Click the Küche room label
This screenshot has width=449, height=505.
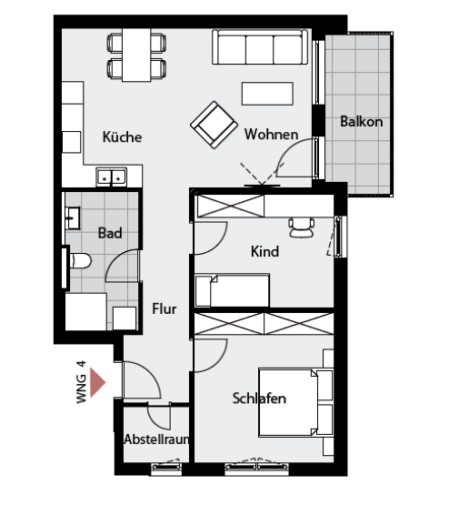[122, 136]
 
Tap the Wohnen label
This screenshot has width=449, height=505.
[271, 135]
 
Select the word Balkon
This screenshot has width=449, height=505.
[362, 122]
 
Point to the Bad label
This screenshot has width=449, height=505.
[110, 233]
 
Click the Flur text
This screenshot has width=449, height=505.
[164, 308]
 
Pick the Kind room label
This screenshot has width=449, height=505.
[264, 251]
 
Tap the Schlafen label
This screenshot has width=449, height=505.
[259, 399]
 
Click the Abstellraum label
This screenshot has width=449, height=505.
[156, 439]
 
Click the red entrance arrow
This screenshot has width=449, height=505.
[98, 382]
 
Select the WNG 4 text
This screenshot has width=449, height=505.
[82, 382]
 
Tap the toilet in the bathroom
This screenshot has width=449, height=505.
[80, 260]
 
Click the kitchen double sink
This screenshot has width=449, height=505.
[111, 177]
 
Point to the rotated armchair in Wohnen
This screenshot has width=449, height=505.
[214, 125]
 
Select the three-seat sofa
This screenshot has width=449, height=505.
[260, 47]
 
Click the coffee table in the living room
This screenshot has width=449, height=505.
[267, 94]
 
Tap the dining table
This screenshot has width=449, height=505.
[136, 55]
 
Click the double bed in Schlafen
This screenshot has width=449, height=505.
[295, 402]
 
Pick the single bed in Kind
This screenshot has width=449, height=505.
[232, 290]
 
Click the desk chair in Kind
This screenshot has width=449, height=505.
[302, 227]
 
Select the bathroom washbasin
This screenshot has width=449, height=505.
[73, 218]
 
